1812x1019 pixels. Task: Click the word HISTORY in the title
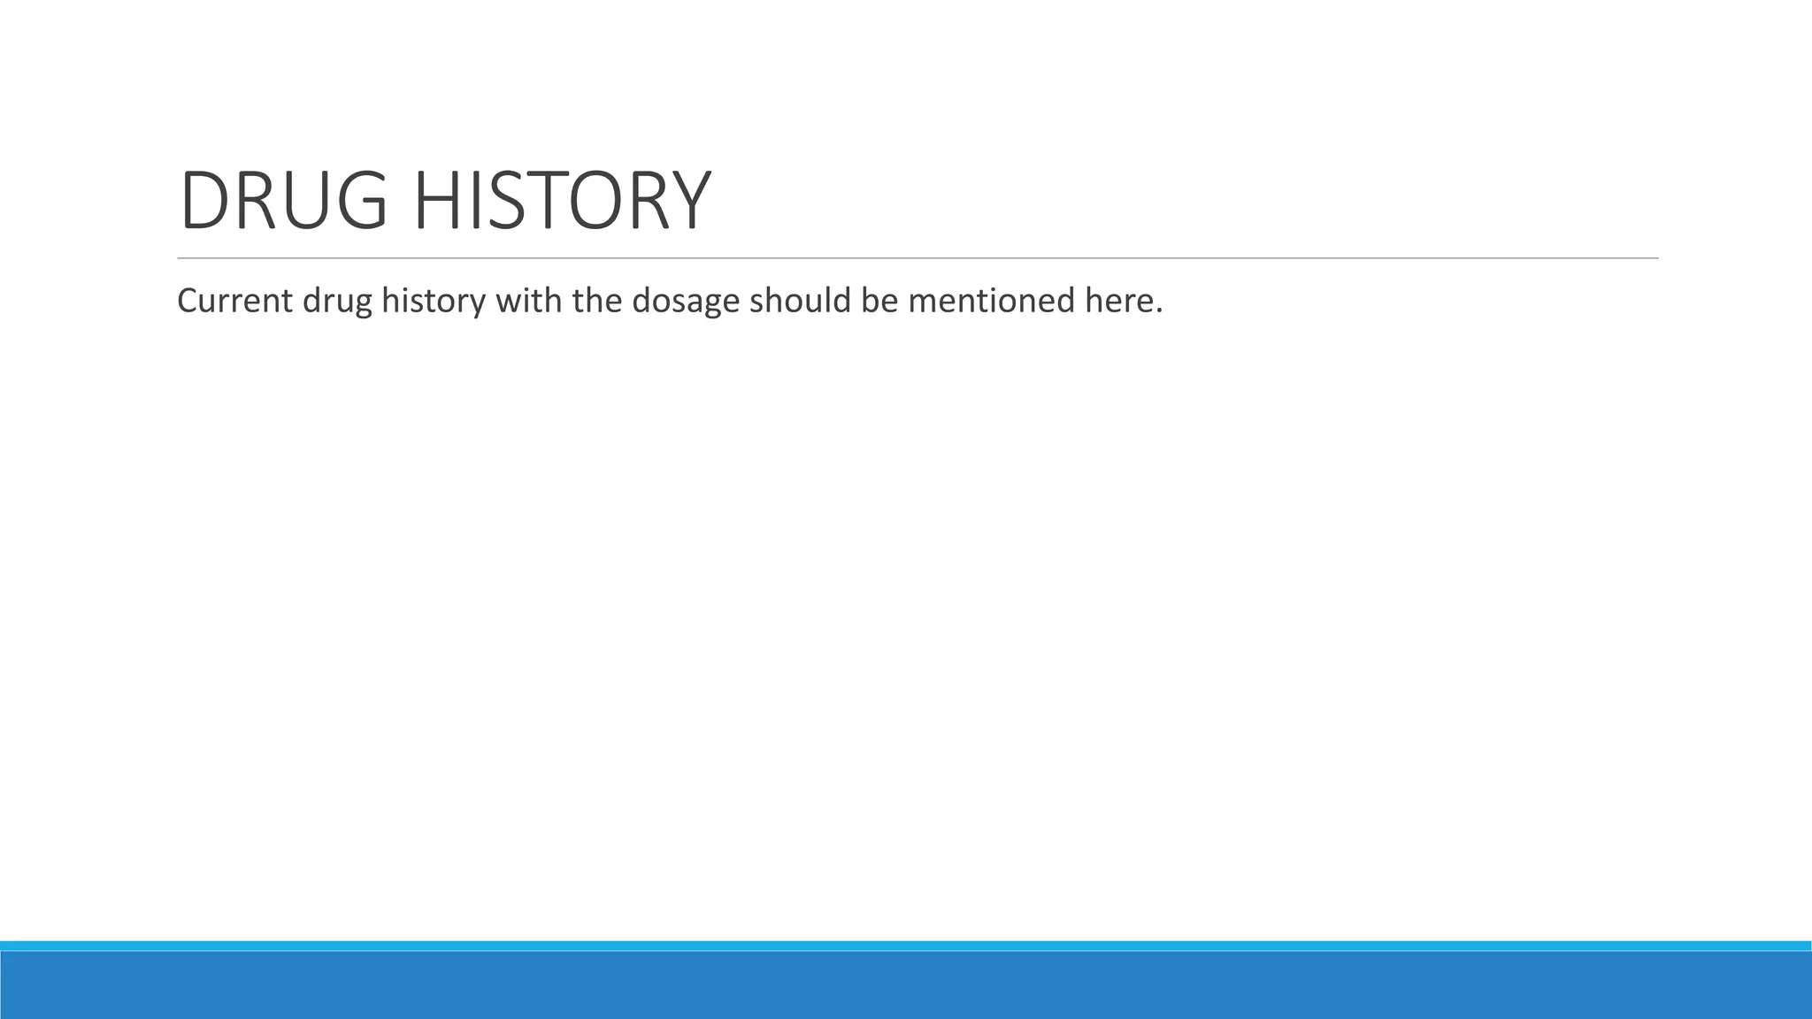click(562, 201)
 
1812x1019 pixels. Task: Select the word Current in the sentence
click(234, 302)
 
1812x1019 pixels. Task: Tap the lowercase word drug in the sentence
click(337, 302)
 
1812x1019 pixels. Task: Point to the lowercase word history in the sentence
click(434, 302)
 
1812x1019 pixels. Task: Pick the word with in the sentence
click(528, 302)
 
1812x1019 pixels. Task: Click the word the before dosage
click(597, 302)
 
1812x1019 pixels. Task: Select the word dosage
click(686, 302)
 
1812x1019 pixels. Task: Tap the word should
click(800, 302)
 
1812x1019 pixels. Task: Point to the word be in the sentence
click(879, 302)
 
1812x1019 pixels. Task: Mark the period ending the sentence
click(1159, 312)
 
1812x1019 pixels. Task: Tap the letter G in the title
click(362, 201)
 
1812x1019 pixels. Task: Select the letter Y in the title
click(687, 201)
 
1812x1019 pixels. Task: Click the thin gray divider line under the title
click(918, 258)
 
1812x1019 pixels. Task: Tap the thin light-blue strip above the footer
click(906, 946)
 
